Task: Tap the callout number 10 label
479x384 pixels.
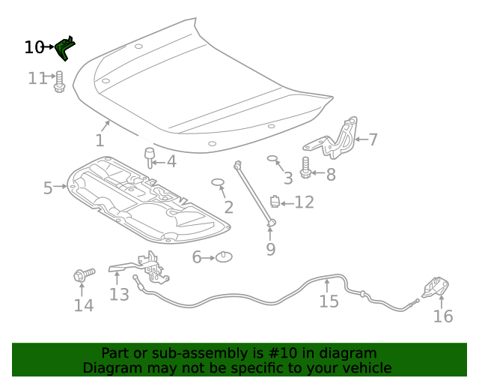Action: tap(34, 47)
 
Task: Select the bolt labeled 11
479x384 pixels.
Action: tap(60, 81)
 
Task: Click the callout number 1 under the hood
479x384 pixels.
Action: tap(100, 140)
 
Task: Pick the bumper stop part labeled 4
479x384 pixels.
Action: tap(149, 158)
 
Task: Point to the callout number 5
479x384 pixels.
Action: tap(48, 187)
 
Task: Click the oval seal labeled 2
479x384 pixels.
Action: tap(219, 182)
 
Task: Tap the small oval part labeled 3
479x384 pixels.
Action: tap(273, 159)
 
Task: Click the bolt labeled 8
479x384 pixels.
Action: tap(305, 168)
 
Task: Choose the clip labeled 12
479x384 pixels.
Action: tap(275, 201)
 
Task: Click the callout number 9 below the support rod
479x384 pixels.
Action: tap(271, 249)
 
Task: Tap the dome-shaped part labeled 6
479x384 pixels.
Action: tap(223, 257)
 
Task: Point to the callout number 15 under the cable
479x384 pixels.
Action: tap(329, 301)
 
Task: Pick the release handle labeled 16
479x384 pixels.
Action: tap(435, 288)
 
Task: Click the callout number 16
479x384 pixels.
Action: tap(443, 316)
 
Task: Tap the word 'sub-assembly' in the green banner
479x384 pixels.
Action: tap(186, 353)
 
